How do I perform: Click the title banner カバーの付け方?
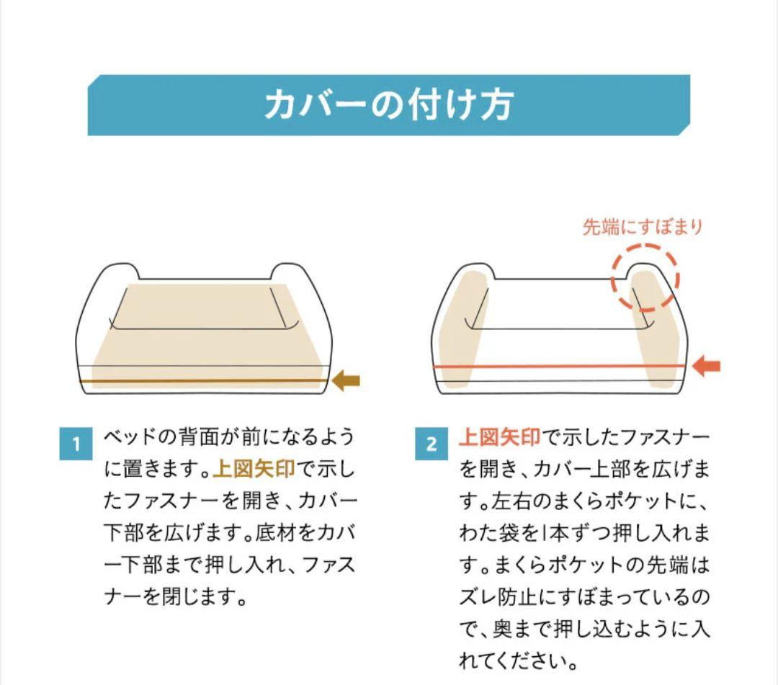pos(388,105)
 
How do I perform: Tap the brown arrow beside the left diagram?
pos(346,380)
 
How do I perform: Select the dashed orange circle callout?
pos(645,278)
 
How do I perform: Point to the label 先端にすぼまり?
pos(642,228)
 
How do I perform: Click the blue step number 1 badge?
pos(76,444)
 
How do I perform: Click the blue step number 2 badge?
pos(432,444)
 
